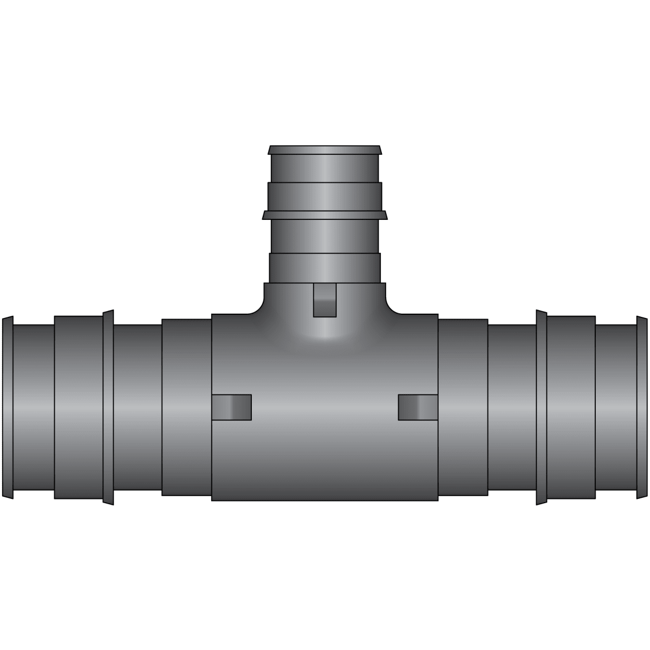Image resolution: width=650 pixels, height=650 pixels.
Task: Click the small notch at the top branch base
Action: [x=325, y=300]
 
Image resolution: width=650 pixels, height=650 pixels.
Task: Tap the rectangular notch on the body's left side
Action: [x=232, y=407]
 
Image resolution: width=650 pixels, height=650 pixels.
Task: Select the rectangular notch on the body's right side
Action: [x=418, y=407]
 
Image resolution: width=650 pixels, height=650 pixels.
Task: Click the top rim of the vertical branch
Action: [x=325, y=149]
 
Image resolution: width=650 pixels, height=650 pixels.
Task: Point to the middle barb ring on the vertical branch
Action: [x=325, y=215]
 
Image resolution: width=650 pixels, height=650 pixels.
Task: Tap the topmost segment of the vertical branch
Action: [x=325, y=168]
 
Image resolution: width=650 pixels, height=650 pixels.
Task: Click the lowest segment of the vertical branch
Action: [x=325, y=268]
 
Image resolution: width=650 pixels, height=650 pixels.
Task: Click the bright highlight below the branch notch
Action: [x=325, y=333]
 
